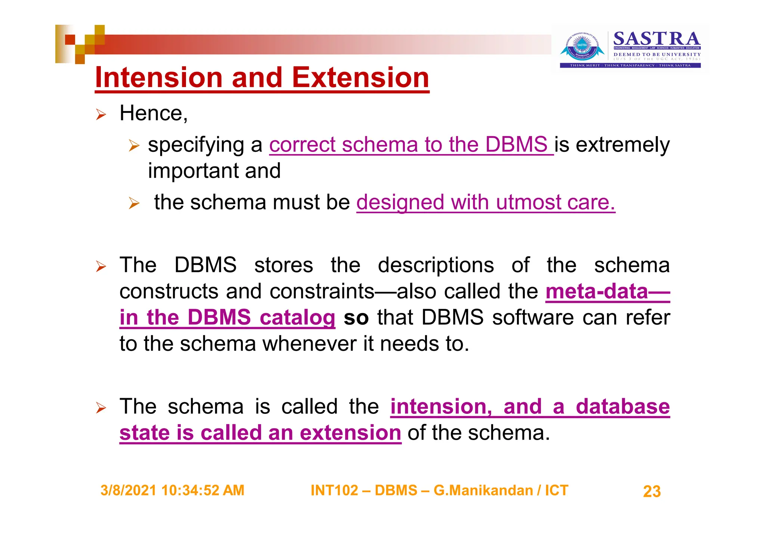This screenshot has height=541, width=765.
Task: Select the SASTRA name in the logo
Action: coord(656,39)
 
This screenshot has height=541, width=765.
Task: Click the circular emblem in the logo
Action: coord(582,47)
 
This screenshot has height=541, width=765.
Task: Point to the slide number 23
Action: coord(652,491)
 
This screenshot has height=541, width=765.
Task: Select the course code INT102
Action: coord(334,491)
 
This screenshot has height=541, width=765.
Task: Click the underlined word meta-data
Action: coord(597,291)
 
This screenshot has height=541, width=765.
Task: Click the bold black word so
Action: coord(356,318)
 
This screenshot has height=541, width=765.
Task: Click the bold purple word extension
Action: coord(350,433)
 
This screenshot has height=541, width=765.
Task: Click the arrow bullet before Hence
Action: coord(101,114)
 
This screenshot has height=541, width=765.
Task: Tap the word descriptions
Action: coord(436,265)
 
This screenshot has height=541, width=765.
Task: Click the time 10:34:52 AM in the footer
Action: coord(203,491)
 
